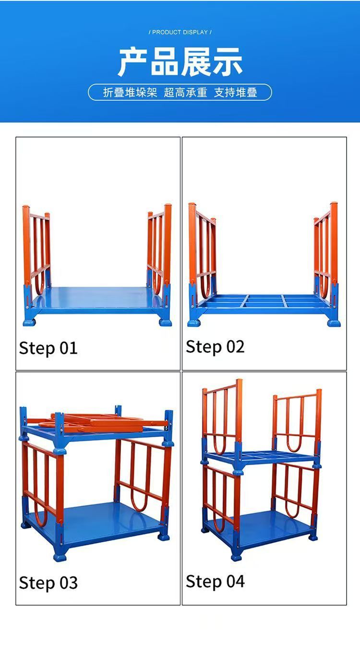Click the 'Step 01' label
48,348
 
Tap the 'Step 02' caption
215,346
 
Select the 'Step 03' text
48,583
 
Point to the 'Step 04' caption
215,581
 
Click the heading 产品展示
180,62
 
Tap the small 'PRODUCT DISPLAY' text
180,32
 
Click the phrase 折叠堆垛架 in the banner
130,93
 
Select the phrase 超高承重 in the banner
185,93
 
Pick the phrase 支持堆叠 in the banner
235,93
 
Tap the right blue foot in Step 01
165,321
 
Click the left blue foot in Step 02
194,322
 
